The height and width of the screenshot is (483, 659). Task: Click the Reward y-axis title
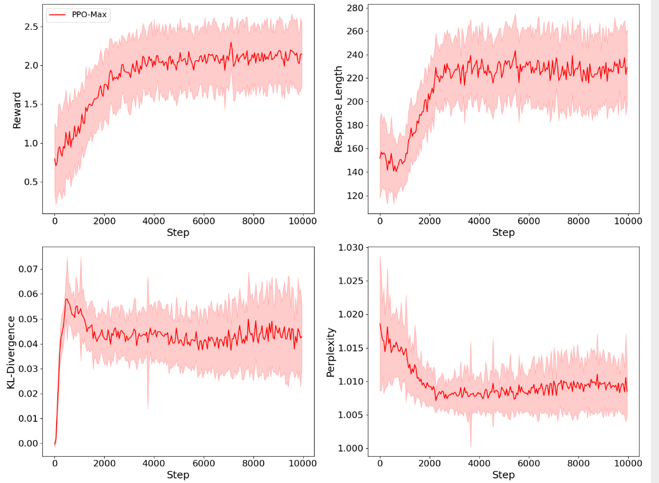pos(17,110)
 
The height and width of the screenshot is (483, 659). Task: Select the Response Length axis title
pos(338,109)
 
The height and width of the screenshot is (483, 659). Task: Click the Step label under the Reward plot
pos(178,233)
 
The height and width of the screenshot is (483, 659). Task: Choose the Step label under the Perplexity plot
pos(503,475)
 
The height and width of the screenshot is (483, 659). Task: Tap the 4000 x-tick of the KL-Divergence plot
pos(154,463)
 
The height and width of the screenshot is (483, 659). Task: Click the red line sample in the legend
pos(58,15)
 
